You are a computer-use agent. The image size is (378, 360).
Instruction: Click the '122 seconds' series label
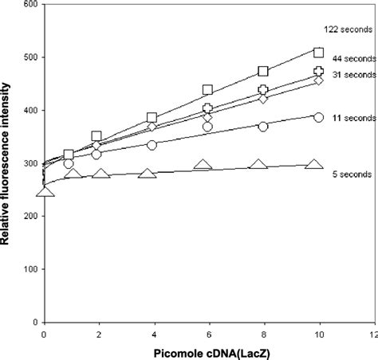(345, 29)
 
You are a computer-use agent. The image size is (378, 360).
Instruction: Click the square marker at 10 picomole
(318, 53)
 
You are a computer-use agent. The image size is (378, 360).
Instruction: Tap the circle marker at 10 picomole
(318, 117)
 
